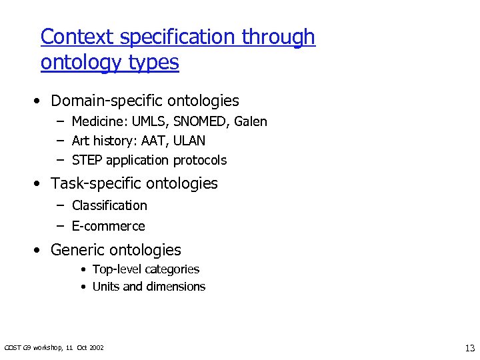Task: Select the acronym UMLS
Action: pos(151,121)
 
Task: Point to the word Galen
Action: pos(251,121)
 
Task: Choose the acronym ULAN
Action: pos(191,141)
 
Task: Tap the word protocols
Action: pos(200,160)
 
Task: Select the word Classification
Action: pos(109,205)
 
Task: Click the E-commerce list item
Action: pos(108,226)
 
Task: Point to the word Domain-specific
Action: pos(107,101)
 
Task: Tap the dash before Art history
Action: pos(59,141)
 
